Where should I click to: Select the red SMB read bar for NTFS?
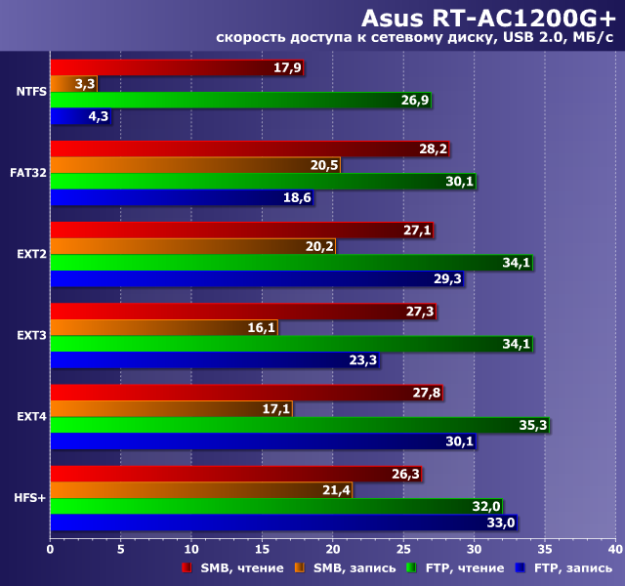click(x=176, y=67)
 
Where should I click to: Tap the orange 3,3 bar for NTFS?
click(x=73, y=84)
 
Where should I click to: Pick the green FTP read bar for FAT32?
click(x=262, y=181)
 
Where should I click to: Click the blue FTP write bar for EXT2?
click(x=256, y=278)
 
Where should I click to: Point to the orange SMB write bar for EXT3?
click(x=163, y=327)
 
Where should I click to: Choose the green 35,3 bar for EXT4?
click(x=299, y=425)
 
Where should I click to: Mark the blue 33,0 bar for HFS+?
click(x=282, y=522)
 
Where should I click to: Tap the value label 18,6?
click(x=297, y=197)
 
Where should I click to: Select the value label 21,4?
click(x=336, y=489)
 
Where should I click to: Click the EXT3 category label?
click(x=30, y=335)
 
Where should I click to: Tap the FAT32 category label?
click(x=28, y=173)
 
